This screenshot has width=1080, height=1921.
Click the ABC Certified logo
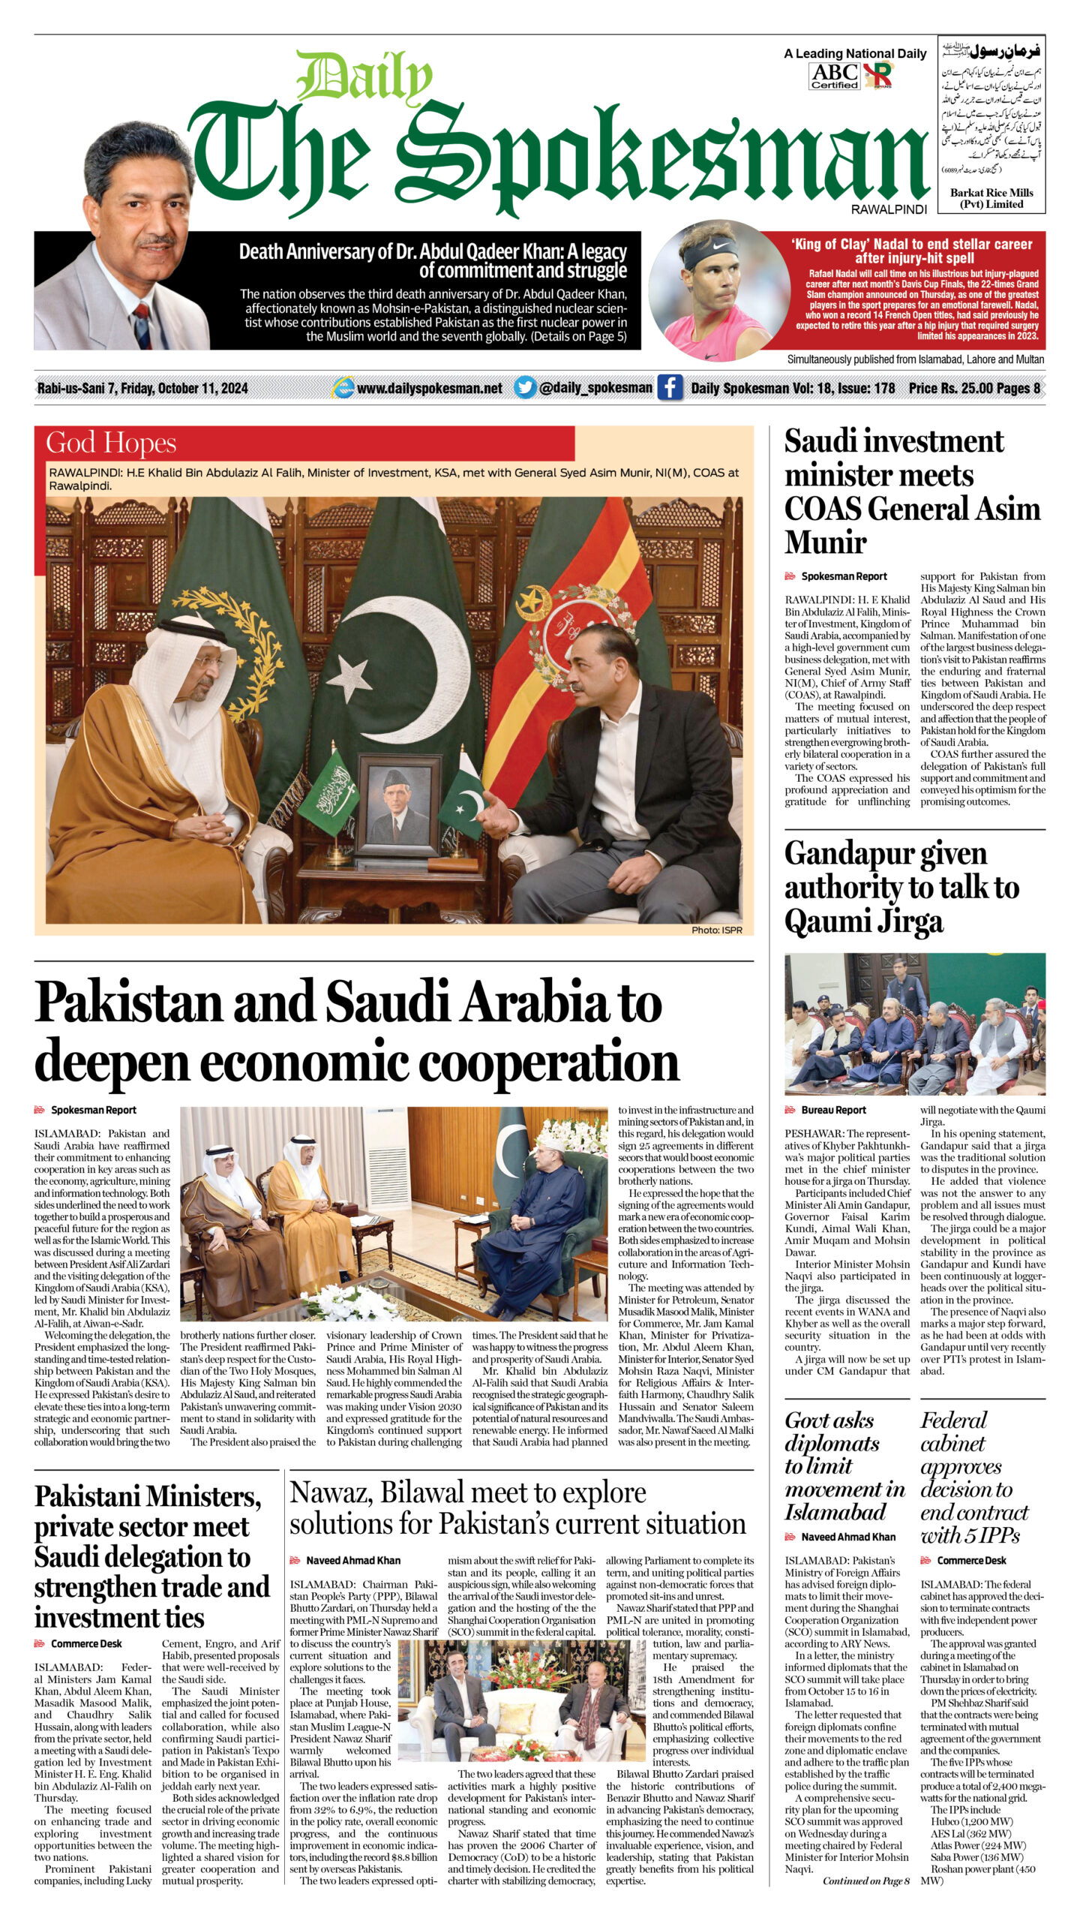pos(834,76)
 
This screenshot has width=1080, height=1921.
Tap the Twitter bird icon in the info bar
pos(525,387)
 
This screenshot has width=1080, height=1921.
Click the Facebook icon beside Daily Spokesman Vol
pos(669,387)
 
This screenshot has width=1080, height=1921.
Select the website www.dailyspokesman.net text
pos(429,388)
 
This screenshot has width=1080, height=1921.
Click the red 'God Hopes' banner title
pos(111,443)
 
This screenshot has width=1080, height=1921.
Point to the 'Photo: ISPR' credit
pos(716,930)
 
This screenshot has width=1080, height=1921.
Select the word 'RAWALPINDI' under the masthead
pos(889,210)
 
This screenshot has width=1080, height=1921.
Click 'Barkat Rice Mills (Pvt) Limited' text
pos(991,198)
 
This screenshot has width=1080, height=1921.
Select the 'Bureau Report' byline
pos(833,1110)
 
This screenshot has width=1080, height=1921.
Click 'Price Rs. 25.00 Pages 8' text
pos(974,388)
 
